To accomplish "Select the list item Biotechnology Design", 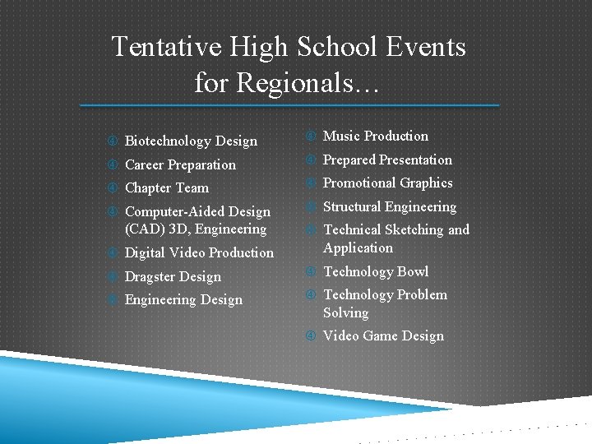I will [x=191, y=141].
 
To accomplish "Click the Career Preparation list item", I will [x=180, y=164].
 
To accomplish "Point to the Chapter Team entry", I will [x=167, y=188].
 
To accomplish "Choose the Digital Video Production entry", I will [x=199, y=253].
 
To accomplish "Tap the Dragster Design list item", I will [x=173, y=277].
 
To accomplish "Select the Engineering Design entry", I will [x=183, y=300].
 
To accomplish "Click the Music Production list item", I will [x=376, y=136].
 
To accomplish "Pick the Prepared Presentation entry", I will [x=387, y=160].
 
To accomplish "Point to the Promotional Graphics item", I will [x=387, y=183].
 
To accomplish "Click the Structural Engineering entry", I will [x=389, y=206].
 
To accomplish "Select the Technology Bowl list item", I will [x=376, y=271].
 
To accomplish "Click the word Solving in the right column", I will [x=345, y=313].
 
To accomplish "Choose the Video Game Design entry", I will [x=383, y=336].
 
